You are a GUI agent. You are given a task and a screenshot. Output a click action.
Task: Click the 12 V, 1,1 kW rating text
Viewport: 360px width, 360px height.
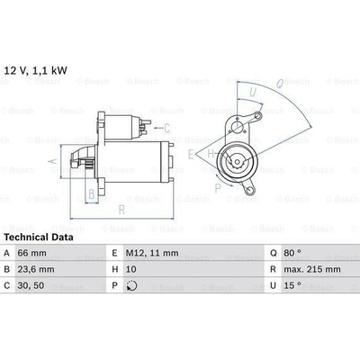[36, 70]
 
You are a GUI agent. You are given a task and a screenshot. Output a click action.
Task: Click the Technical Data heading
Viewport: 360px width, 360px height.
[39, 238]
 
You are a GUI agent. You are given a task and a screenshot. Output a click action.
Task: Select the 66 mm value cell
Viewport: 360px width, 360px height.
[32, 253]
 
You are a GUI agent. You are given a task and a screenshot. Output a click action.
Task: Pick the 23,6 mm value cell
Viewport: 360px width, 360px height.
[36, 269]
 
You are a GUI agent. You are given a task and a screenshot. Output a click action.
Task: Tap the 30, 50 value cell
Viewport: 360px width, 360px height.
[31, 285]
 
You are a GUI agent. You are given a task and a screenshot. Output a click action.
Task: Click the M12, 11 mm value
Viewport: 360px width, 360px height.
[152, 253]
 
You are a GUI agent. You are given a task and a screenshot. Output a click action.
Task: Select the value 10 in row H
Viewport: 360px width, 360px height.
[130, 269]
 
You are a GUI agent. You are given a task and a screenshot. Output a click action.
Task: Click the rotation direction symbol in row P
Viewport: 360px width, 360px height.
[132, 285]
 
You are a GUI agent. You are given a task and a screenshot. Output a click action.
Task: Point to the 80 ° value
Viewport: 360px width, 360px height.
[292, 253]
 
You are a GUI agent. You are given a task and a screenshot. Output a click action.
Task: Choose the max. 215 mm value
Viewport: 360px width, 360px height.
[312, 269]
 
